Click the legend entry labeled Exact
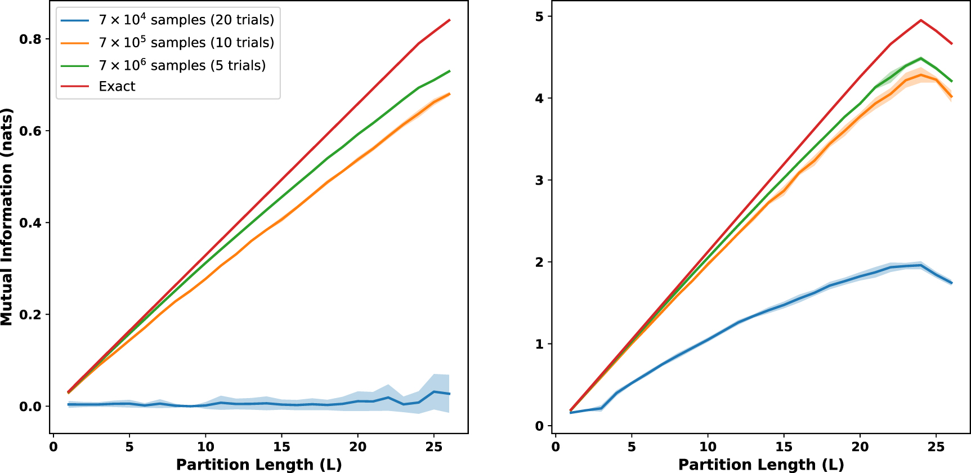click(117, 86)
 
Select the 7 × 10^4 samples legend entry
click(186, 20)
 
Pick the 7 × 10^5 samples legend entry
click(186, 43)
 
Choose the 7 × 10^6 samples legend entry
click(182, 65)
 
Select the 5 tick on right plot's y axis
click(539, 16)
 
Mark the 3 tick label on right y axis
click(539, 180)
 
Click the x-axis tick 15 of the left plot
click(281, 447)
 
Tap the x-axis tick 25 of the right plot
click(936, 447)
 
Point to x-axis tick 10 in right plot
click(708, 447)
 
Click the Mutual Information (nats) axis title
click(7, 217)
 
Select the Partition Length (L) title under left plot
click(259, 465)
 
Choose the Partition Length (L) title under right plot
click(761, 465)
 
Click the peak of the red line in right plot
click(921, 20)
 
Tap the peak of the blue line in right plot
click(921, 265)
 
